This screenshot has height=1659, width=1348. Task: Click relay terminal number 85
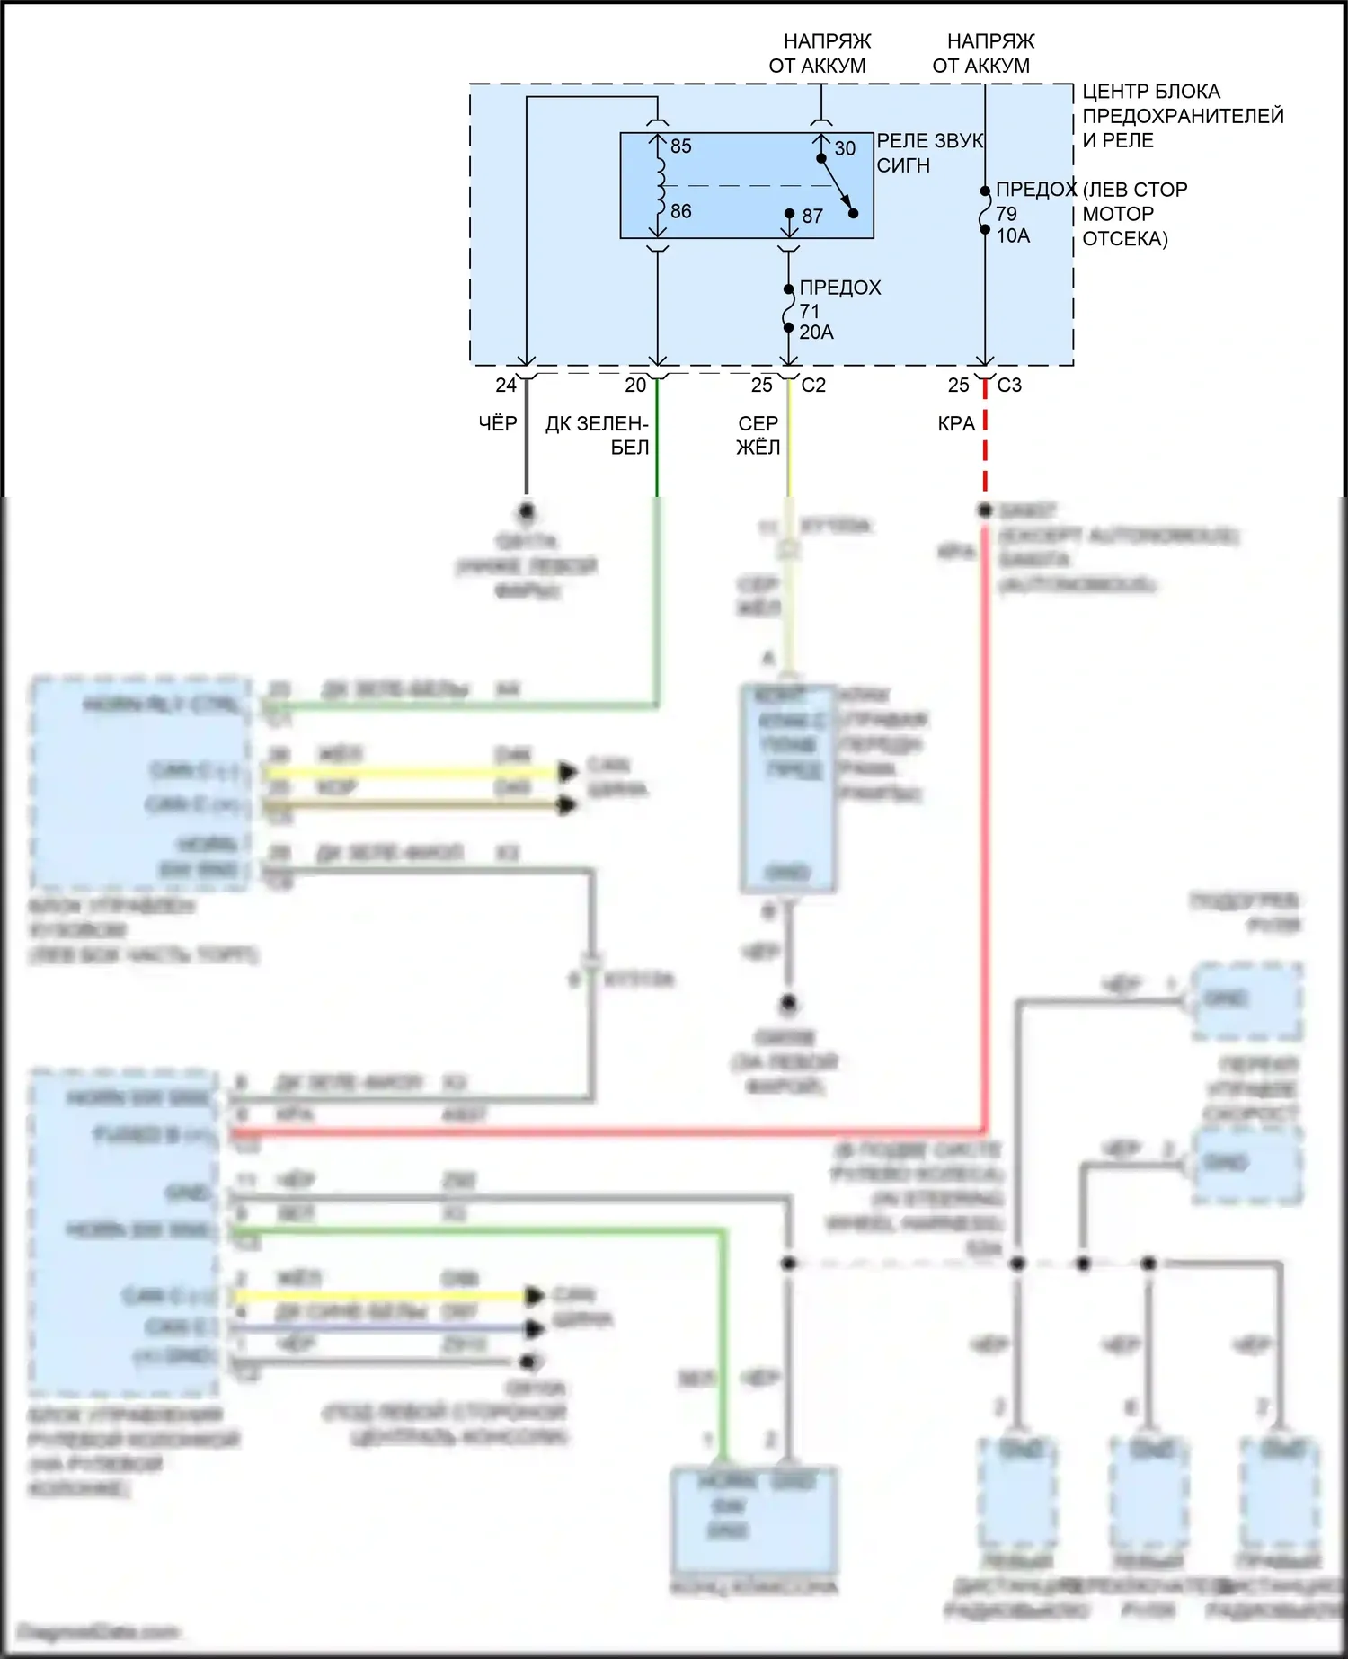click(681, 146)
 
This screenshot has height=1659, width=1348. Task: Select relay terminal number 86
click(681, 212)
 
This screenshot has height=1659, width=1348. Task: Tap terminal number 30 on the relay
click(845, 149)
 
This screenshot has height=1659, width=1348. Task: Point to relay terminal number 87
click(812, 217)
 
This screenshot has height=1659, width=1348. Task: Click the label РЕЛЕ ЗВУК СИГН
click(928, 154)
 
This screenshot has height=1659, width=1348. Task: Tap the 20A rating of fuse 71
click(816, 333)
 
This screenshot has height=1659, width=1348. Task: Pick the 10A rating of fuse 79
click(1013, 236)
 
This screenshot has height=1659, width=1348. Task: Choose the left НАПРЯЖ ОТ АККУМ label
click(819, 54)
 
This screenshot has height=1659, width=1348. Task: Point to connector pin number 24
click(506, 386)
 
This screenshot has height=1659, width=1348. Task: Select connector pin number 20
click(635, 386)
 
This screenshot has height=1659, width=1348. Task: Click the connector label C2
click(813, 386)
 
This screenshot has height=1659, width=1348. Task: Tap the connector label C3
click(1009, 386)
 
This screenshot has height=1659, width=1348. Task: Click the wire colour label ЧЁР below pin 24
click(498, 423)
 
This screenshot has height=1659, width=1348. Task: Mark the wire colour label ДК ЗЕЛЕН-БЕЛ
click(597, 435)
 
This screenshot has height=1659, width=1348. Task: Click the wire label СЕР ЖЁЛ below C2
click(758, 435)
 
